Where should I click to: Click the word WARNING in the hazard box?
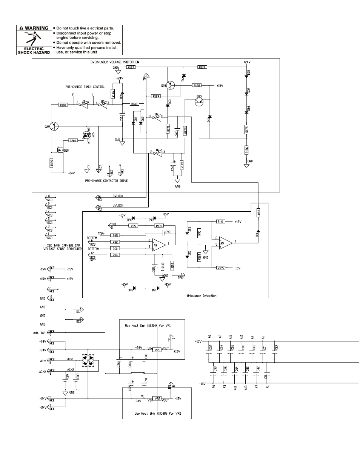pyautogui.click(x=36, y=28)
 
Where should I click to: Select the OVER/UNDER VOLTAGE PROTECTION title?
pyautogui.click(x=112, y=62)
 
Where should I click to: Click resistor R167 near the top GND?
pyautogui.click(x=131, y=67)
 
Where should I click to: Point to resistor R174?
pyautogui.click(x=202, y=67)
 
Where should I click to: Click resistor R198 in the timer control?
pyautogui.click(x=63, y=106)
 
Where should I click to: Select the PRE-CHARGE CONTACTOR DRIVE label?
pyautogui.click(x=106, y=181)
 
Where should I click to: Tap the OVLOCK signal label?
pyautogui.click(x=118, y=196)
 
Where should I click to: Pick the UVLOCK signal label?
pyautogui.click(x=118, y=206)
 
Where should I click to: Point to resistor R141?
pyautogui.click(x=221, y=222)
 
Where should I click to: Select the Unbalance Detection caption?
pyautogui.click(x=202, y=296)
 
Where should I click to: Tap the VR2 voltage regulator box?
pyautogui.click(x=158, y=398)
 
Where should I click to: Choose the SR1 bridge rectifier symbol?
pyautogui.click(x=88, y=361)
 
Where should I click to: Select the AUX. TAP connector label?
pyautogui.click(x=39, y=333)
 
